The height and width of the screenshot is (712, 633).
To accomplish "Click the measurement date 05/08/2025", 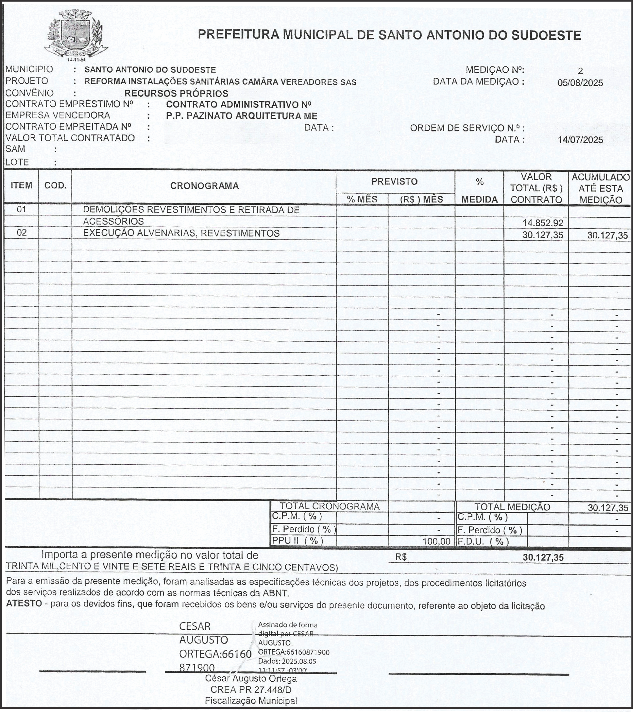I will pos(580,83).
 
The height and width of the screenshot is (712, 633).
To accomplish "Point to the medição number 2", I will pos(580,71).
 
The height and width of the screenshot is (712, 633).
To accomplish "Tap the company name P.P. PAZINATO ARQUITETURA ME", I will pos(242,116).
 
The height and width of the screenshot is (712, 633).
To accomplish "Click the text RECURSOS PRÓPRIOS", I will pos(176,93).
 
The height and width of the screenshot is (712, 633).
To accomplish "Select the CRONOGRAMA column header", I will pos(204,186).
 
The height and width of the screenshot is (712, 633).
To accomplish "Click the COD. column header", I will pos(55,186).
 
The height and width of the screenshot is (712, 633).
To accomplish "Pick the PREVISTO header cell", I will pos(394,181).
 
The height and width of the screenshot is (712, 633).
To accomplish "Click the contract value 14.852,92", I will pos(543,223).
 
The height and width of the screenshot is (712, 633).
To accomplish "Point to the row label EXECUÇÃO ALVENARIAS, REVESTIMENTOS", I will pos(181,233).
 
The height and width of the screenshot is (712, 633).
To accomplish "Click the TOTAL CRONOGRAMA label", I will pos(329,507).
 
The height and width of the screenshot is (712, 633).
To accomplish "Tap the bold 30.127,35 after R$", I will pos(543,558).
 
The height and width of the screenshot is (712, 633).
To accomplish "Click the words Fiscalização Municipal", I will pos(251,701).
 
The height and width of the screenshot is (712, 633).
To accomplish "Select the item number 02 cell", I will pos(22,233).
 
